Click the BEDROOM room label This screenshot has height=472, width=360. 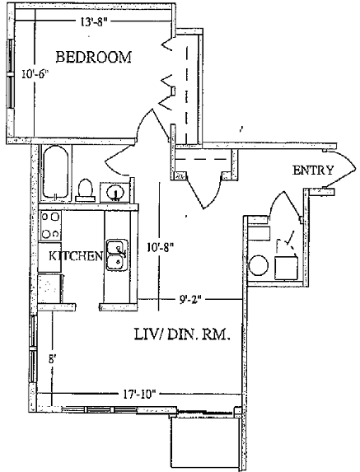(94, 57)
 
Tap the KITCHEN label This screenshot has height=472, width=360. (76, 256)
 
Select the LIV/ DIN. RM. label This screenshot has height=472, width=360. (182, 334)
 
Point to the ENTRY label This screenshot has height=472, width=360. (313, 171)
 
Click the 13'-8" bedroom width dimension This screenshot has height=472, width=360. (94, 22)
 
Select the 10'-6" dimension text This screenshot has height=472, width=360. (35, 74)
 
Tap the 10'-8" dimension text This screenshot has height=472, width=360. (161, 247)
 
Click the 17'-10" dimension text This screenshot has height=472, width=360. (139, 394)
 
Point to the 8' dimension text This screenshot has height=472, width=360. (53, 359)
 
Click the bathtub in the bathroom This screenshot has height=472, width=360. (56, 172)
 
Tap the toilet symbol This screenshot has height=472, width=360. (86, 190)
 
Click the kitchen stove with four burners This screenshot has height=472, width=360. (50, 225)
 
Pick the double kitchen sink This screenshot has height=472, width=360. (117, 255)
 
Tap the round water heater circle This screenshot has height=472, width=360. (259, 265)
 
